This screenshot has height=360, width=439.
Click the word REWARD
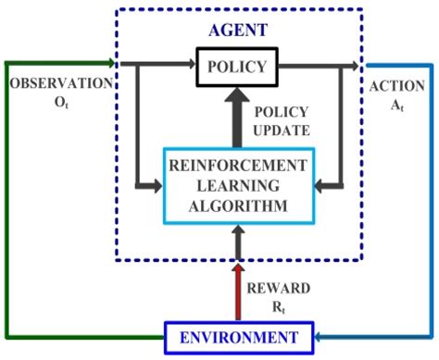point(283,287)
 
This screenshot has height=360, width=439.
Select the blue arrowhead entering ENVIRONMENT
point(318,337)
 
